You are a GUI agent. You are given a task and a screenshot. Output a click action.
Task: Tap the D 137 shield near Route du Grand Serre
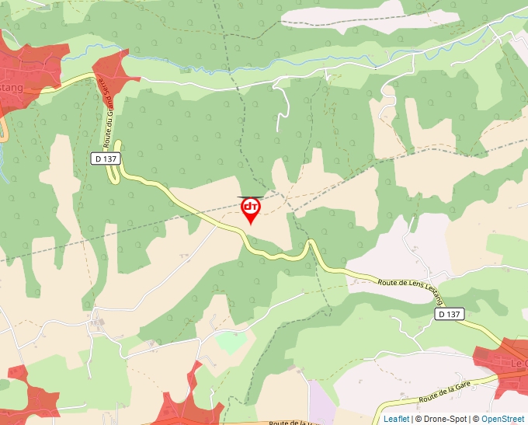(106, 159)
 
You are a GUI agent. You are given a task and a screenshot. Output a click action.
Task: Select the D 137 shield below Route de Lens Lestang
(450, 314)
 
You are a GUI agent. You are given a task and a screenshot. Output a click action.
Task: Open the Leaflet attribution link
(396, 419)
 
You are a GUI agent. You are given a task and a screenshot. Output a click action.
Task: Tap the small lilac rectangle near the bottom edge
(321, 402)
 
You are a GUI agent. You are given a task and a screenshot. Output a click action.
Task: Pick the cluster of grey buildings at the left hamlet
(97, 321)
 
